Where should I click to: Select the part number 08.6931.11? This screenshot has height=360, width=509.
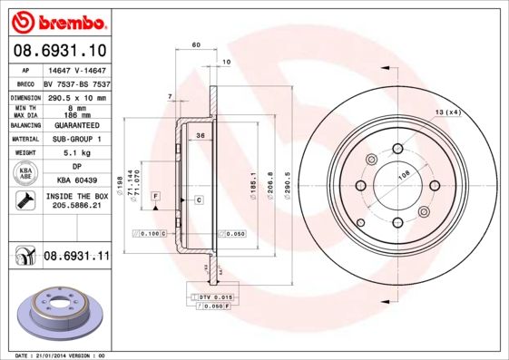[x=75, y=257]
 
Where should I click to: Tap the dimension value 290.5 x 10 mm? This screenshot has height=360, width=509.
[x=75, y=96]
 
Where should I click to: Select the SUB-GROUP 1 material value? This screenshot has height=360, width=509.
[x=75, y=139]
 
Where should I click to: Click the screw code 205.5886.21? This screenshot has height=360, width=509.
[x=75, y=206]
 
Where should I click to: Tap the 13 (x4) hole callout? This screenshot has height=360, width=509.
[x=448, y=112]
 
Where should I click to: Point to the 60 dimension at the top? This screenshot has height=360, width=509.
[x=196, y=44]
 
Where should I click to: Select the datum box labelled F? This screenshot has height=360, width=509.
[x=156, y=196]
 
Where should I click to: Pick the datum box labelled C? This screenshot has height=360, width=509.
[x=198, y=199]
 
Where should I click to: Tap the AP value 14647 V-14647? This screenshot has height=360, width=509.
[x=75, y=69]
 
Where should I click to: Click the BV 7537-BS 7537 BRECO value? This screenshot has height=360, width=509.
[x=75, y=83]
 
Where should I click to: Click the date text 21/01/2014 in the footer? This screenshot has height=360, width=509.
[x=56, y=355]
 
